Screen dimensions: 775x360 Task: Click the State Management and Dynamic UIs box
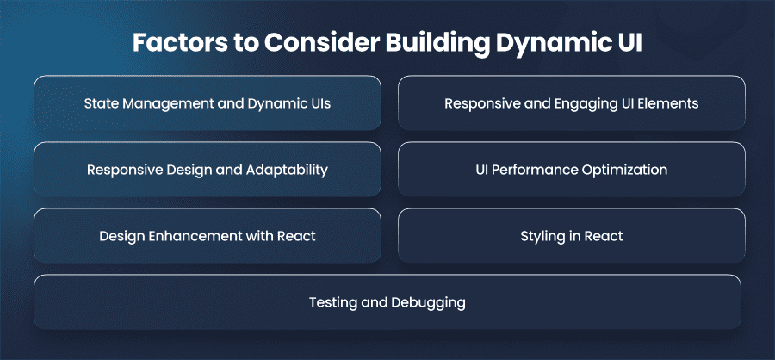tap(208, 102)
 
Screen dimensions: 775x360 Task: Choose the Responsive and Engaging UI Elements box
tap(572, 102)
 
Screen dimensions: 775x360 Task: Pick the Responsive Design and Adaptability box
tap(208, 169)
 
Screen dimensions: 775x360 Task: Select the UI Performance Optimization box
tap(572, 169)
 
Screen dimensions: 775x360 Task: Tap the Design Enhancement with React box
tap(208, 235)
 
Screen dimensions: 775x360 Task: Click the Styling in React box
tap(572, 235)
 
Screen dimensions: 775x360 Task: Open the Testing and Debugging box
tap(387, 301)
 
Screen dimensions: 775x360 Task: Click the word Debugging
tap(427, 302)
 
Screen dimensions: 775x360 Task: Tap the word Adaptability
tap(287, 171)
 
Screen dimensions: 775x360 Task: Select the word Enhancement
tap(191, 236)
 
